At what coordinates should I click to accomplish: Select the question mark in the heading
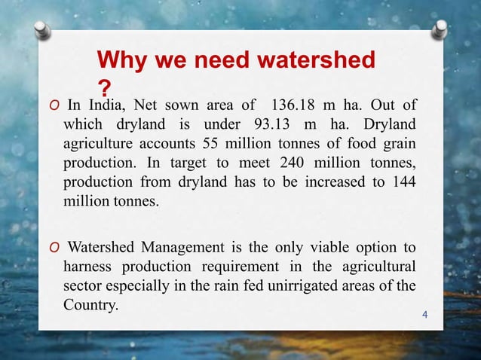105,86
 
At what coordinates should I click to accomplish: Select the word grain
397,142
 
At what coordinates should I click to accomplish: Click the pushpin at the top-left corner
42,29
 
